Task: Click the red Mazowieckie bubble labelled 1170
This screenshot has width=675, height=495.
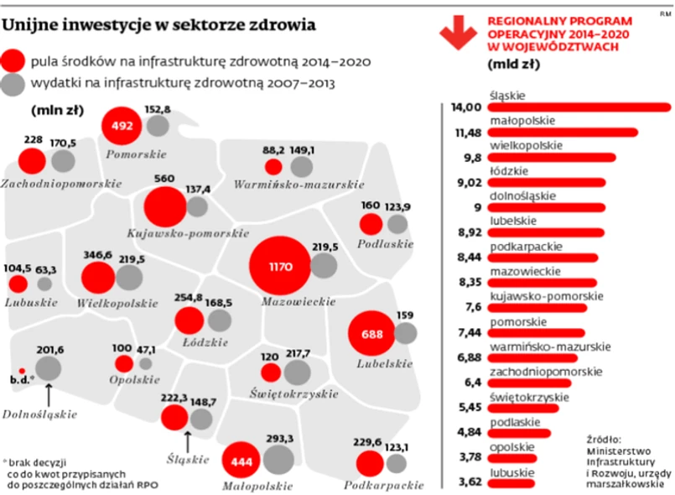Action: click(x=280, y=266)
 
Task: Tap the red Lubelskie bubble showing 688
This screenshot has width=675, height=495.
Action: click(x=371, y=334)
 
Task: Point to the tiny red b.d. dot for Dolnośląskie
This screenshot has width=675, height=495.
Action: click(x=23, y=370)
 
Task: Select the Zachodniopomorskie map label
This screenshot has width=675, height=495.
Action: click(x=61, y=182)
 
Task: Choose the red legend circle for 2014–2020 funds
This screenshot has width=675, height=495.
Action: click(x=13, y=60)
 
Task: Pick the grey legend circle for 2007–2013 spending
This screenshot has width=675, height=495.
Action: click(x=13, y=84)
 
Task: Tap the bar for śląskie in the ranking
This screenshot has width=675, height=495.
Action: click(x=579, y=107)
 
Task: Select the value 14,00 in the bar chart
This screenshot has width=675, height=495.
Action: click(x=466, y=107)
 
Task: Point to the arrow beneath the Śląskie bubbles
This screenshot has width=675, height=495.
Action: click(x=187, y=439)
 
